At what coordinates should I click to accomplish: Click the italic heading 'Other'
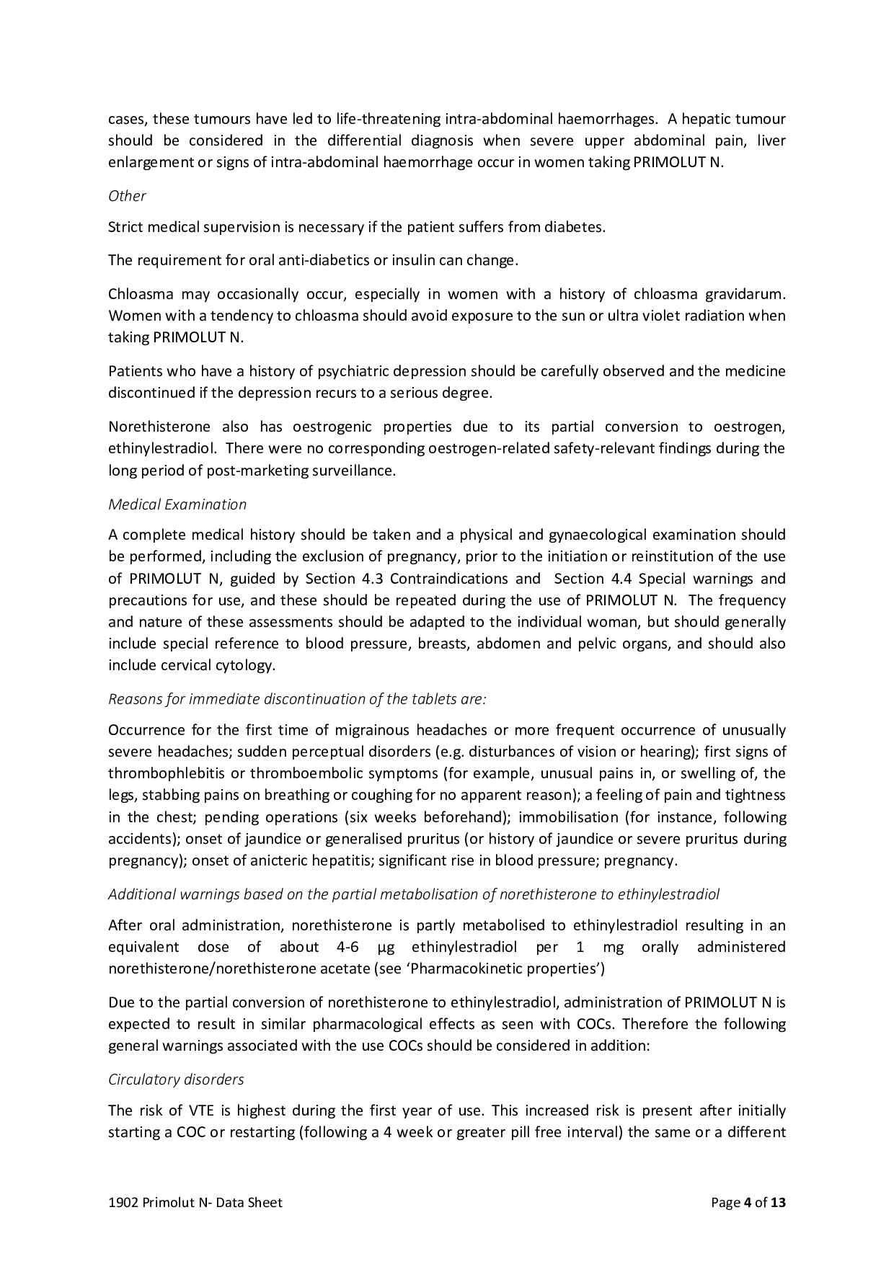click(127, 196)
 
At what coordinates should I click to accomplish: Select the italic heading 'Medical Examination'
click(177, 504)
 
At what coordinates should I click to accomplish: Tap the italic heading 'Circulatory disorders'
click(176, 1080)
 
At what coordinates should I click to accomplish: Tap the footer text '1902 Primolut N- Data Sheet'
click(195, 1203)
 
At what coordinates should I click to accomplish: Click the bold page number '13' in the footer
click(778, 1203)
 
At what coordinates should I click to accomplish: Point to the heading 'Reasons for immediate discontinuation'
click(297, 699)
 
